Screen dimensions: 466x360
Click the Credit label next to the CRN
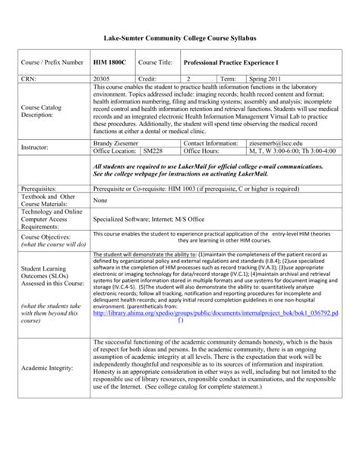click(x=147, y=78)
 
